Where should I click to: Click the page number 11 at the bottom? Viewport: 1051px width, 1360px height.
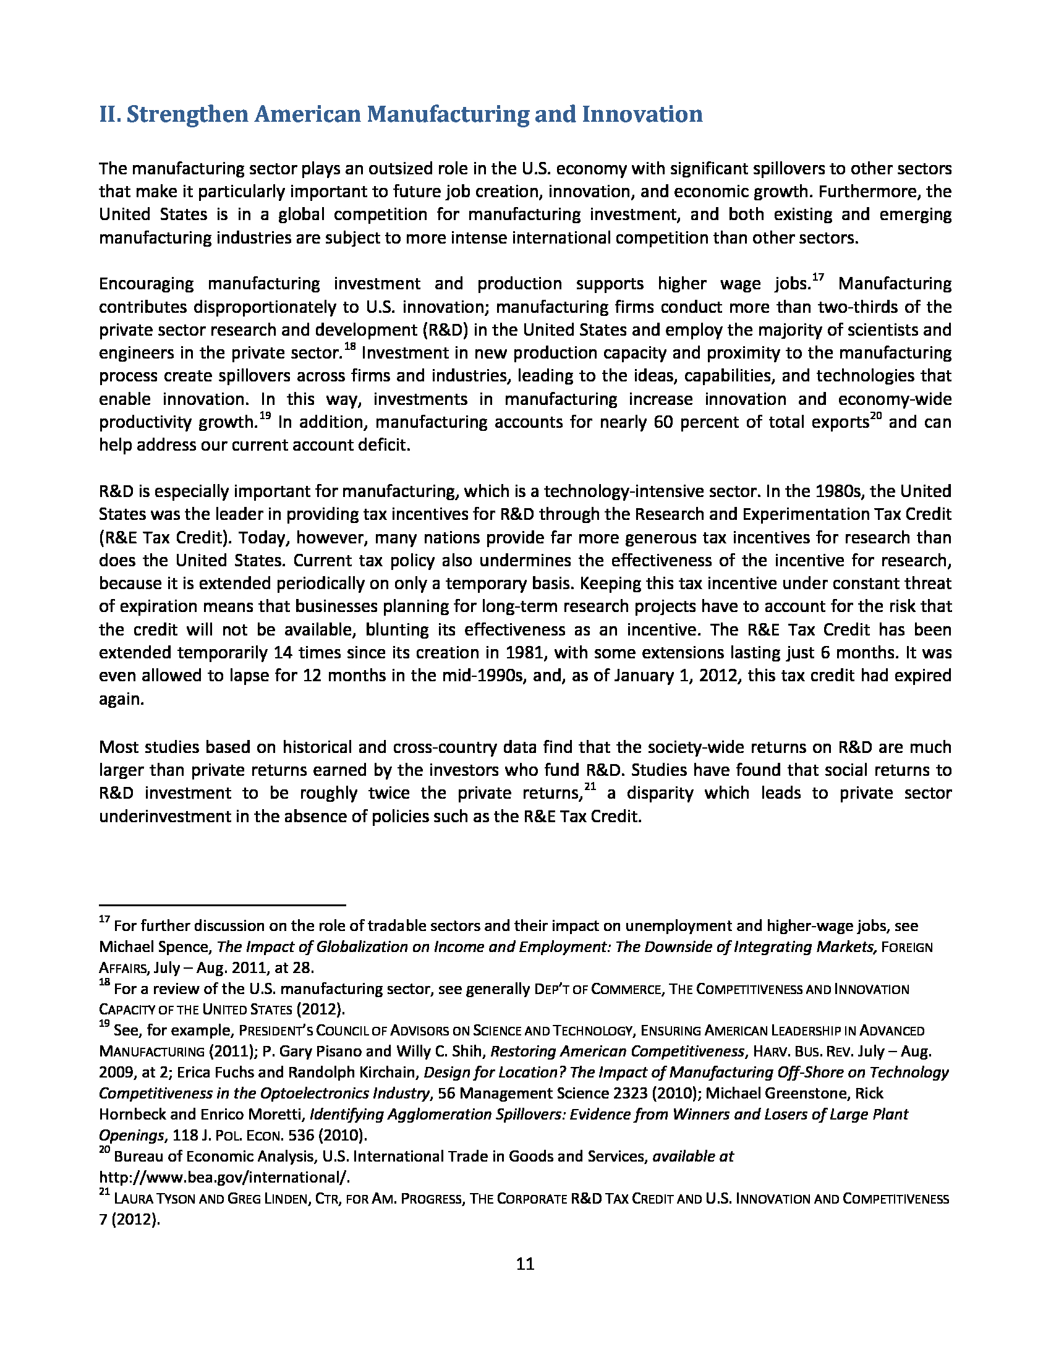(x=525, y=1264)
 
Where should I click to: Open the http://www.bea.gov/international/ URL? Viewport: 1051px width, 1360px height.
(x=225, y=1178)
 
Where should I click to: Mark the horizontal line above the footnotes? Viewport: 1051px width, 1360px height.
(x=222, y=904)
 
